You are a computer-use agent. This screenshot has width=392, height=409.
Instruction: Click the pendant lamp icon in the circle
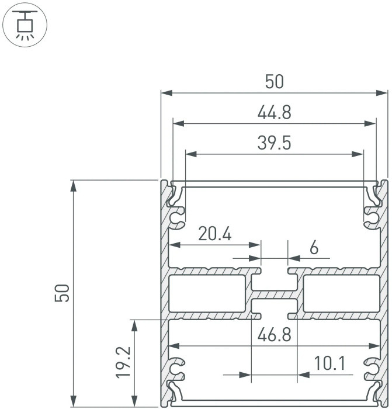coord(25,25)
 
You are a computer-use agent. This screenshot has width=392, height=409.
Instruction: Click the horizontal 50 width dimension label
coord(274,82)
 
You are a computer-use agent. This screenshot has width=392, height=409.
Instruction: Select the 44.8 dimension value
coord(274,113)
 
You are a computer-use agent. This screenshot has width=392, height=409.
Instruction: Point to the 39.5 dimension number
coord(274,143)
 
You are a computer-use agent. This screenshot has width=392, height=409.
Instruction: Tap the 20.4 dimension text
coord(214,234)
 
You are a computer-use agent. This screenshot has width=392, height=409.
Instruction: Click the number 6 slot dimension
coord(314,247)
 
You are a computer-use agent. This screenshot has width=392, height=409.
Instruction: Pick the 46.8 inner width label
coord(274,335)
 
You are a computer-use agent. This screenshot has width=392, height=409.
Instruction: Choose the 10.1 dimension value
coord(330,363)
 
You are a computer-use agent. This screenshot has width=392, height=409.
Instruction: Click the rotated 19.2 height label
coord(123,362)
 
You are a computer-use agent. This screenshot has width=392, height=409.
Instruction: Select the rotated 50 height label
coord(62,293)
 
